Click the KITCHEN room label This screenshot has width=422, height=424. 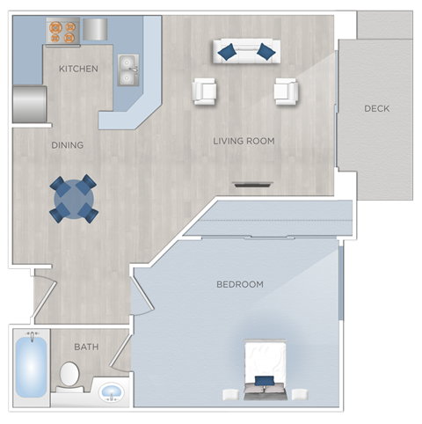point(77,69)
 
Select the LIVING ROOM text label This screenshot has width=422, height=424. point(244,141)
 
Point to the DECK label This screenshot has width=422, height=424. point(376,109)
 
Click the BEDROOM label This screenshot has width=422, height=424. point(240,284)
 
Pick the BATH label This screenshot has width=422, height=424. point(86,347)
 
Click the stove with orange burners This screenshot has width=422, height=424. point(62,33)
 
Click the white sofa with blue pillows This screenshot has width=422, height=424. point(245,51)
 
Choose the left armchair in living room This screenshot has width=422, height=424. point(205,91)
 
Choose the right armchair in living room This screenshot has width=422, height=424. point(286,91)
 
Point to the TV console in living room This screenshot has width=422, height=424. point(252,185)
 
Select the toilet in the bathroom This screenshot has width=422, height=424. point(69,376)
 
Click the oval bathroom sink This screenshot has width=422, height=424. point(111,391)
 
